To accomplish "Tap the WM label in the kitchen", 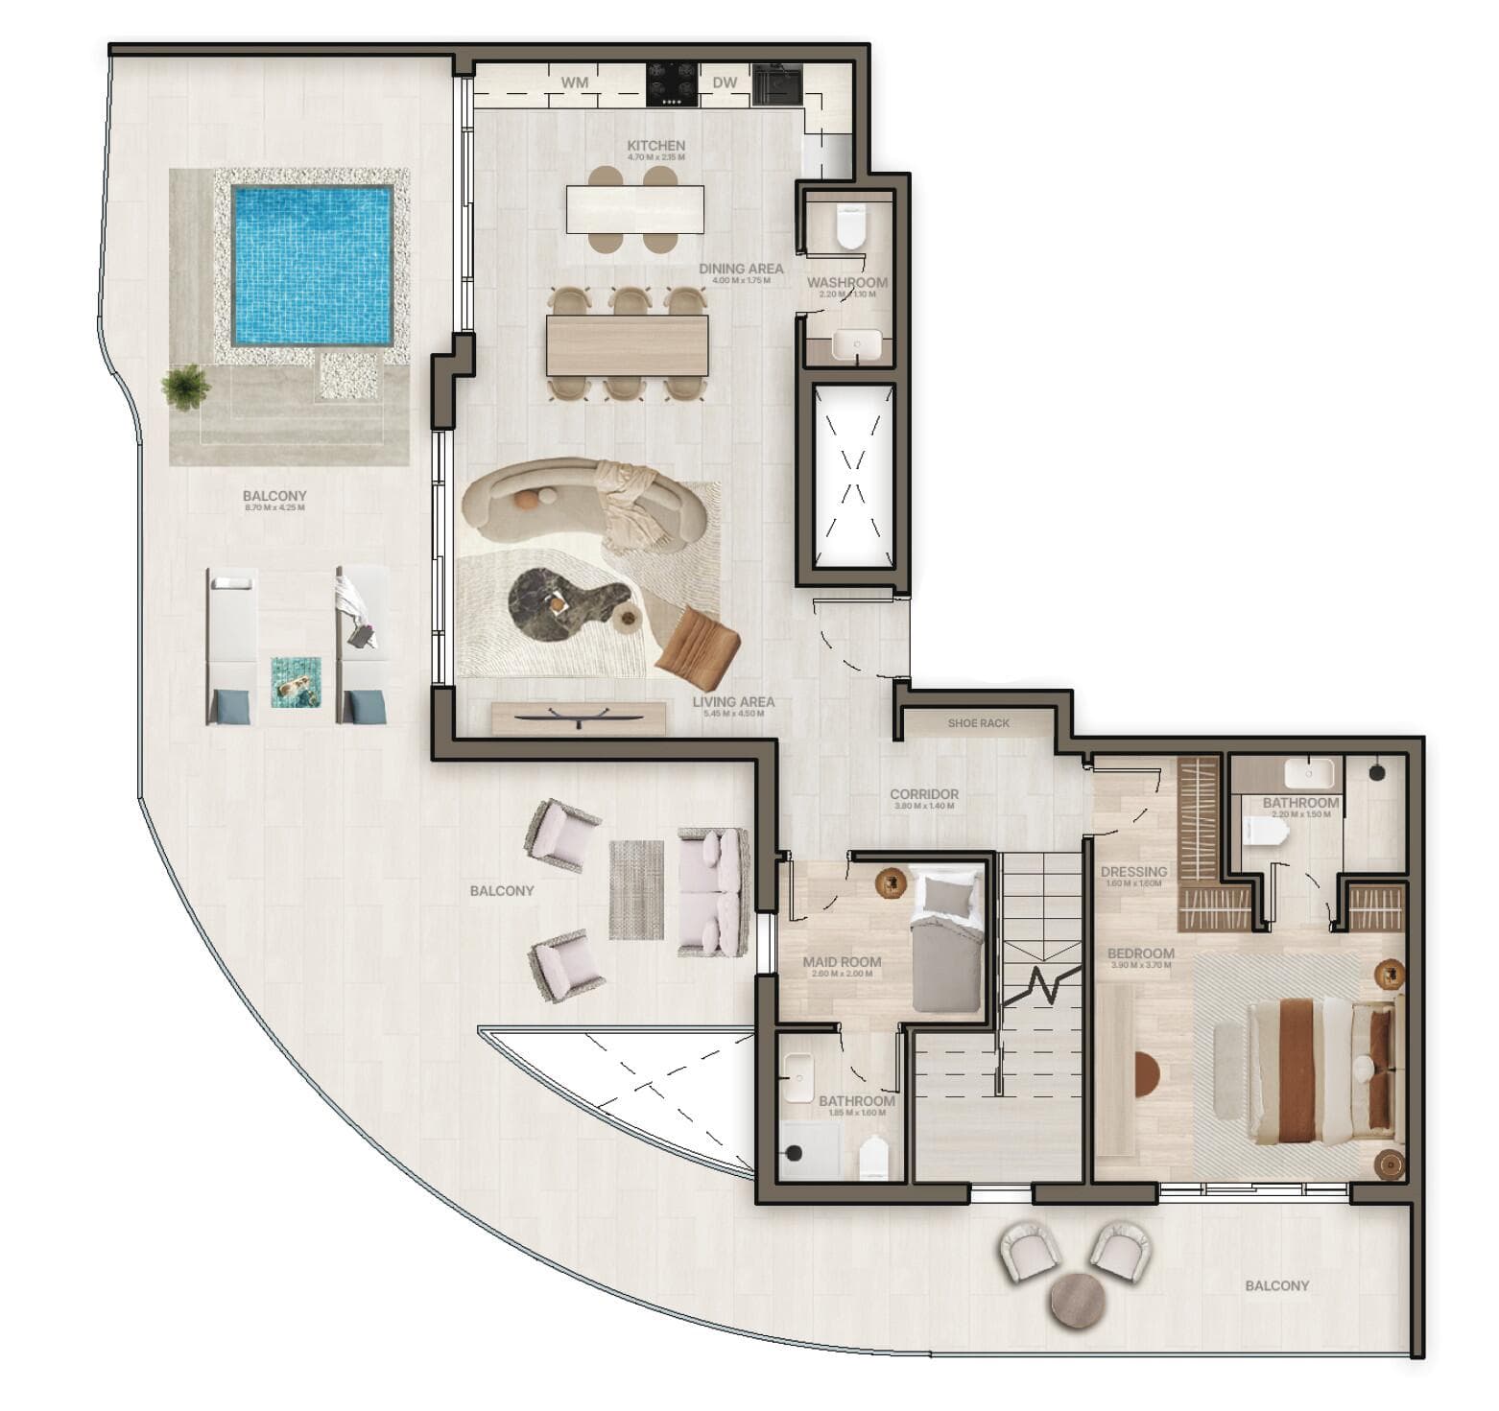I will pos(575,82).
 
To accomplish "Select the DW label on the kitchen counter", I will pos(725,82).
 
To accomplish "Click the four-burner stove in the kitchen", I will pos(672,82).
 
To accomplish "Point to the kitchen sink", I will pos(776,82).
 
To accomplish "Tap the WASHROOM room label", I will pos(846,283).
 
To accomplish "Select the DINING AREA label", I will pos(740,270).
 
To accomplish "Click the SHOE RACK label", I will pos(978,723).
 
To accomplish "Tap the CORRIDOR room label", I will pos(923,794).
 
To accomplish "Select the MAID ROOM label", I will pos(842,961).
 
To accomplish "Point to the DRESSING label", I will pos(1133,872).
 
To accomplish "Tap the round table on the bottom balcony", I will pos(1079,1301).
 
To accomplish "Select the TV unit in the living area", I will pos(579,717).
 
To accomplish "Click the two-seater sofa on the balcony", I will pos(713,892).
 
